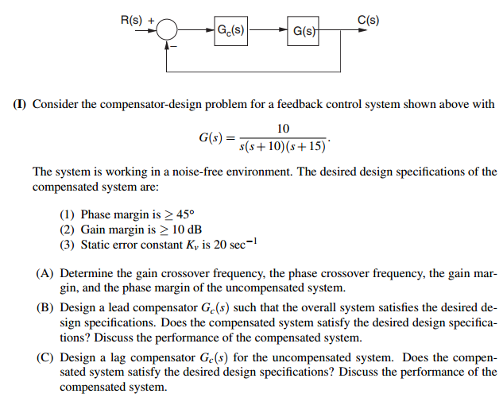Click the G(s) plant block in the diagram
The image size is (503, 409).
[303, 33]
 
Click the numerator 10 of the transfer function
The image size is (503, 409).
[283, 129]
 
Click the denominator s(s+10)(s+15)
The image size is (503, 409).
[282, 147]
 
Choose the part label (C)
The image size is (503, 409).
[45, 358]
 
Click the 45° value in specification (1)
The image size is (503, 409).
[183, 214]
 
